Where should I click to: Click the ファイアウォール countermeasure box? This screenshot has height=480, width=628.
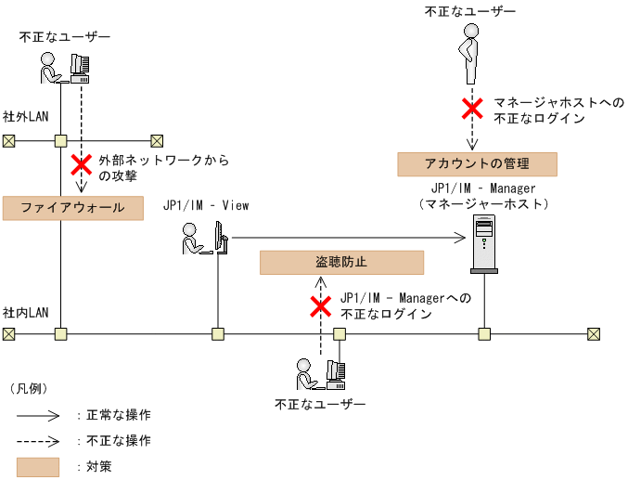coord(73,208)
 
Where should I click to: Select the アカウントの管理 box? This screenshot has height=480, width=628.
coord(477,164)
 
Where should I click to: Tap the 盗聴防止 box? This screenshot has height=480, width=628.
coord(341,262)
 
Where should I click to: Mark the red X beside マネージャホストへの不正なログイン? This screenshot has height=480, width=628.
coord(472,109)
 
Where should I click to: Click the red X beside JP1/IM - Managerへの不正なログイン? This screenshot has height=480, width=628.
coord(321,306)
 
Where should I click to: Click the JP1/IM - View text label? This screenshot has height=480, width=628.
coord(206,205)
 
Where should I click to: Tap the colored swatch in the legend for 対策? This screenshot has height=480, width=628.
coord(37,466)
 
